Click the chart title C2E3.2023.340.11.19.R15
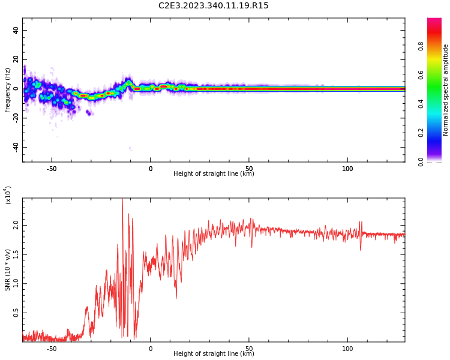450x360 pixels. (214, 6)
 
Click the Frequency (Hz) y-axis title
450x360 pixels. (8, 90)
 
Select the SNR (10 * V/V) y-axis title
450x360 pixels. (8, 270)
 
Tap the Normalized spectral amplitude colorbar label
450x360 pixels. (446, 90)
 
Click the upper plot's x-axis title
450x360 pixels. (214, 174)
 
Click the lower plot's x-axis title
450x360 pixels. (214, 354)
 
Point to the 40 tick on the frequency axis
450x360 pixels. (16, 30)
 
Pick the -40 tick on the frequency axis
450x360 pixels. (16, 147)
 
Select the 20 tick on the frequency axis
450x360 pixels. (16, 59)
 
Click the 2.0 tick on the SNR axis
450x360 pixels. (16, 225)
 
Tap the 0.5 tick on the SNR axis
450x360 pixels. (16, 313)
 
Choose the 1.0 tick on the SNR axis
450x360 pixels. (16, 284)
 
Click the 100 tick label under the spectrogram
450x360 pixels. (347, 169)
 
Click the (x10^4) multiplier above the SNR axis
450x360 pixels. (8, 195)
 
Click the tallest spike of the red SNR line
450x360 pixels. (122, 200)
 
